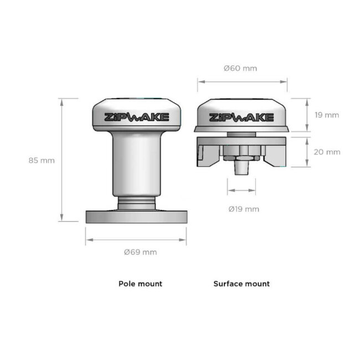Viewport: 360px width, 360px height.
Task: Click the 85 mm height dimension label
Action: coord(42,161)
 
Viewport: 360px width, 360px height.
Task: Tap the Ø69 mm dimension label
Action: coord(140,252)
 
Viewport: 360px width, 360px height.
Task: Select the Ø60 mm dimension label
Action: coord(240,69)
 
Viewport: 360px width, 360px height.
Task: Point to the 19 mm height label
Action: coord(326,115)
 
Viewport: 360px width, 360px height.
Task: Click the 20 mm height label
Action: coord(326,152)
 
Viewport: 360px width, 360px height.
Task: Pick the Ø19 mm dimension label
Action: coord(244,209)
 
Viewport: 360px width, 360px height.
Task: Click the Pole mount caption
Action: coord(140,284)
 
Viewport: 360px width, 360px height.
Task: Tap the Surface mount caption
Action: coord(241,284)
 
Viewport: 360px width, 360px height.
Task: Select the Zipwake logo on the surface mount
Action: coord(241,117)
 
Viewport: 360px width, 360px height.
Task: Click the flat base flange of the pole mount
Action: coord(136,216)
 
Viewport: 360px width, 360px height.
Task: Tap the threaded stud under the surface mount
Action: coord(241,168)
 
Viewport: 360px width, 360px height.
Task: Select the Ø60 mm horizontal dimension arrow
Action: coord(242,81)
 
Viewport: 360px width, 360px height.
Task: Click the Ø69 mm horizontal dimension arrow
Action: coord(136,240)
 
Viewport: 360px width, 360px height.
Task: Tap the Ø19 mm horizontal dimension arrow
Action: coord(241,190)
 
